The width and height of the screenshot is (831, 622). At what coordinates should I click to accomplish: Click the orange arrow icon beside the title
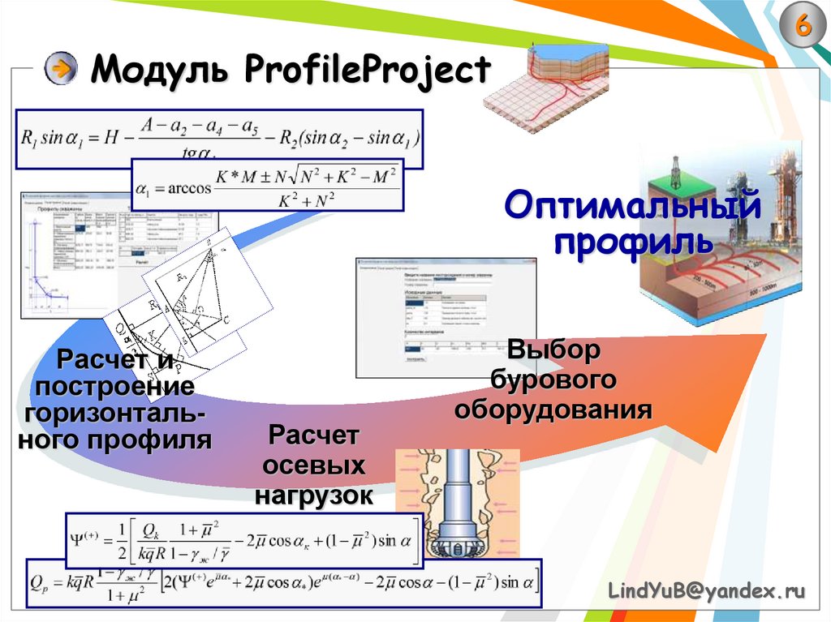click(61, 70)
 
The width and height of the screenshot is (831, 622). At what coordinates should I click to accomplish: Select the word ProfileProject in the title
click(366, 71)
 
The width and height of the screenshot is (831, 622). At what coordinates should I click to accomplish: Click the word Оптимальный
click(632, 206)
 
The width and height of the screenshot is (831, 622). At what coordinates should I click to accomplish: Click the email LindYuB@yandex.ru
click(706, 592)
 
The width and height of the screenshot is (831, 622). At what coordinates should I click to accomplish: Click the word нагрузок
click(313, 495)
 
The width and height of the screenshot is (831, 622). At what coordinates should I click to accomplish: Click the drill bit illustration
click(459, 503)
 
